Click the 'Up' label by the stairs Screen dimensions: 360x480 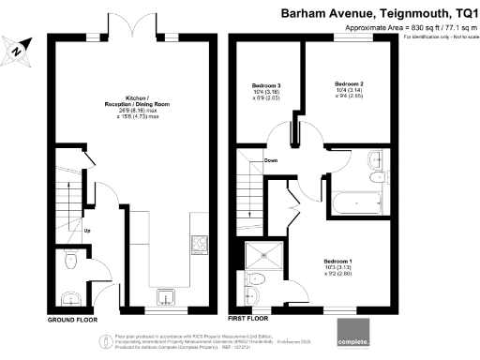pyautogui.click(x=88, y=231)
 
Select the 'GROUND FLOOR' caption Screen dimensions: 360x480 pyautogui.click(x=74, y=320)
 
